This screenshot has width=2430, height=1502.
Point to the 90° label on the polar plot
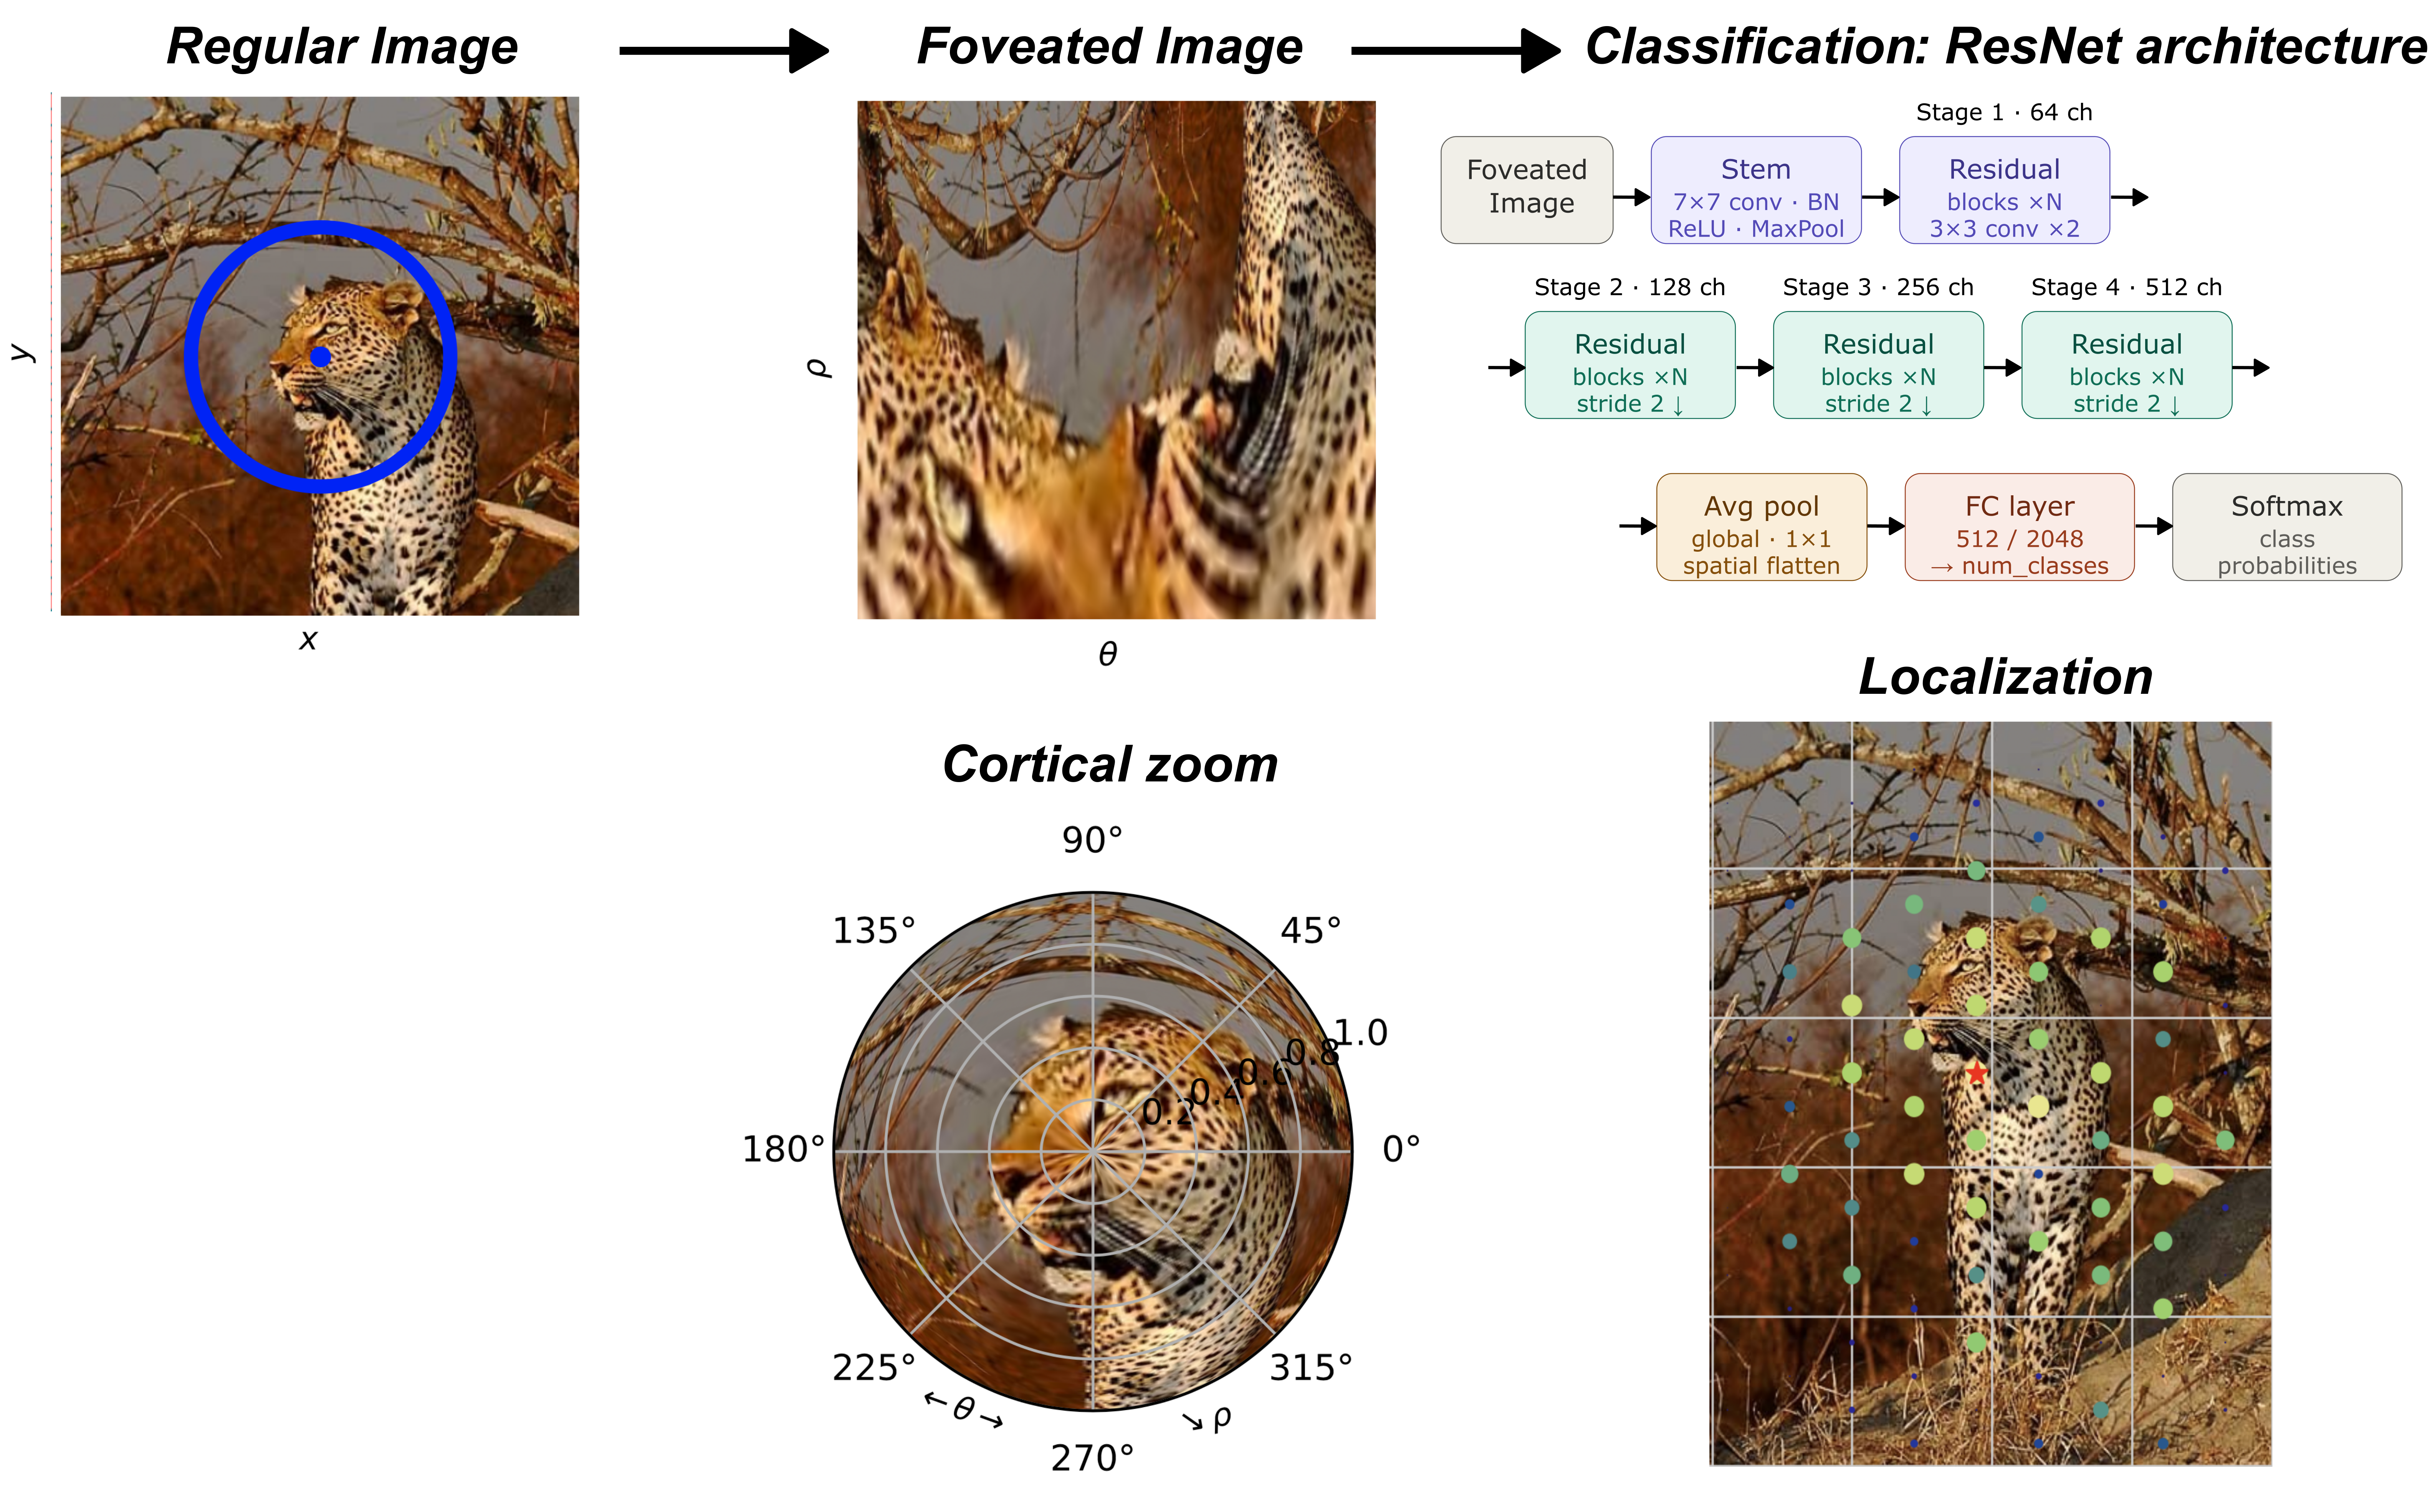(1092, 840)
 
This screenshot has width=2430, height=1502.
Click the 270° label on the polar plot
(1092, 1457)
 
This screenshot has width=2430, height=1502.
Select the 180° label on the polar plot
(783, 1150)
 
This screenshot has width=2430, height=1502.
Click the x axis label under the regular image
(308, 640)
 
